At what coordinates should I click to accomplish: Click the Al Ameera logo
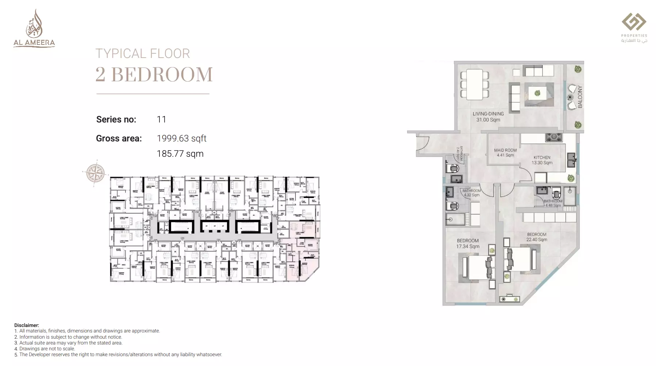34,29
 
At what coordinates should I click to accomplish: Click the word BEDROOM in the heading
162,74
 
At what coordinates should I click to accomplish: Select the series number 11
161,120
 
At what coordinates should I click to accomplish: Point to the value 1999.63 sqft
181,139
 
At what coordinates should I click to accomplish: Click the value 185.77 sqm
180,154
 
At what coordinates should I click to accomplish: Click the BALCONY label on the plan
580,97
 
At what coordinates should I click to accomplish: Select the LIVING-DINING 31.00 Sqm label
488,117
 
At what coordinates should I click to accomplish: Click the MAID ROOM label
505,152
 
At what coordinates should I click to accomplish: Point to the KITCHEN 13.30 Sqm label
542,160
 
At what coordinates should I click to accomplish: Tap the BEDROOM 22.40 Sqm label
536,237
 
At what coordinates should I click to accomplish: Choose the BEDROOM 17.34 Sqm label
468,244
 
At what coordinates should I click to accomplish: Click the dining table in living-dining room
474,84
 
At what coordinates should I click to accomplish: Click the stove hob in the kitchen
553,137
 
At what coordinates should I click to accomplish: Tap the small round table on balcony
570,97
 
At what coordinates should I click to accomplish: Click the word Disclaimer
27,325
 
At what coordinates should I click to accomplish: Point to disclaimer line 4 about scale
45,349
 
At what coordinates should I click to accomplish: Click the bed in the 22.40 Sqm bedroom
520,258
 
